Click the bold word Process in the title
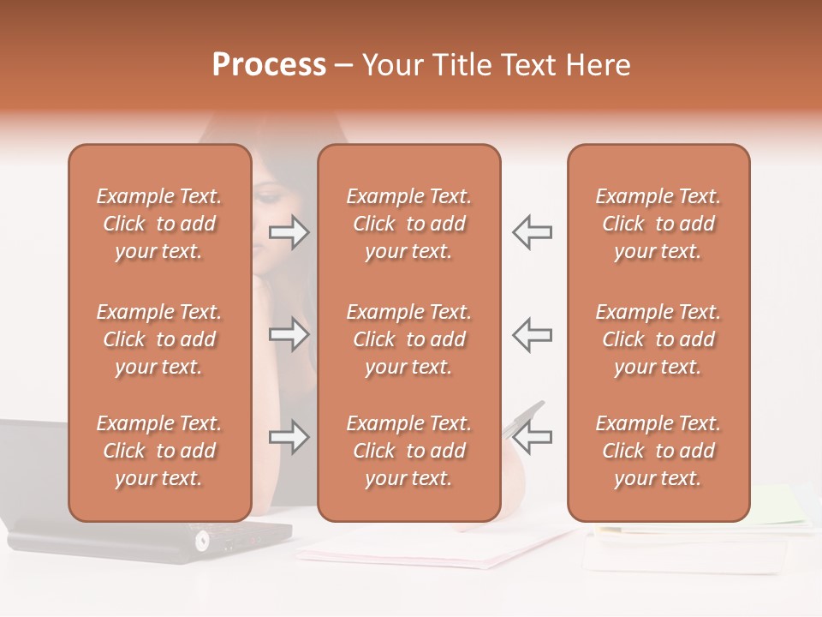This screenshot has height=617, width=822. coord(269,65)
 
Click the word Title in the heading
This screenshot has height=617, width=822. coord(460,65)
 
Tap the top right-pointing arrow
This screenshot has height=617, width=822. coord(289,232)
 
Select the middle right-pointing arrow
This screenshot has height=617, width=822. coord(289,334)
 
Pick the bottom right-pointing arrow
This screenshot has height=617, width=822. coord(289,438)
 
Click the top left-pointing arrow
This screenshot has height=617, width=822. coord(532,232)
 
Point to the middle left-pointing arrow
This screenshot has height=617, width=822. coord(532,334)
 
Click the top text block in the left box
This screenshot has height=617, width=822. coord(159,224)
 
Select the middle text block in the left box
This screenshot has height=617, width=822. coord(159,339)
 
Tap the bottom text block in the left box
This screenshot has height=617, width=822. coord(159,451)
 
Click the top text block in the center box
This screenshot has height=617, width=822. coord(408,224)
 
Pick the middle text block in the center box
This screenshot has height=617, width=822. coord(408,339)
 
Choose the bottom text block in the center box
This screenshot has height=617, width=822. coord(408,451)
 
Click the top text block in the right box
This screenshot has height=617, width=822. coord(658,224)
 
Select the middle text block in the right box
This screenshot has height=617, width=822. coord(658,339)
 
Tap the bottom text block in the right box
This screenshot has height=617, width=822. coord(658,451)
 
